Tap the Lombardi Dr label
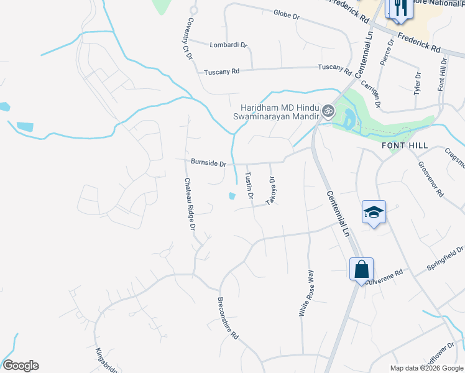point(228,45)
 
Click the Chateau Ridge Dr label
point(189,205)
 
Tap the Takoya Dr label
point(271,191)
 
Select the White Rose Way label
point(307,294)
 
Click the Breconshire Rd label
point(228,316)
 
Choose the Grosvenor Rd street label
point(430,180)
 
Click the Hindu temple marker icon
point(328,113)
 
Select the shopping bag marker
point(361,270)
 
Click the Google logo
point(21,366)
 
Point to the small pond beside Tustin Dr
point(231,196)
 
